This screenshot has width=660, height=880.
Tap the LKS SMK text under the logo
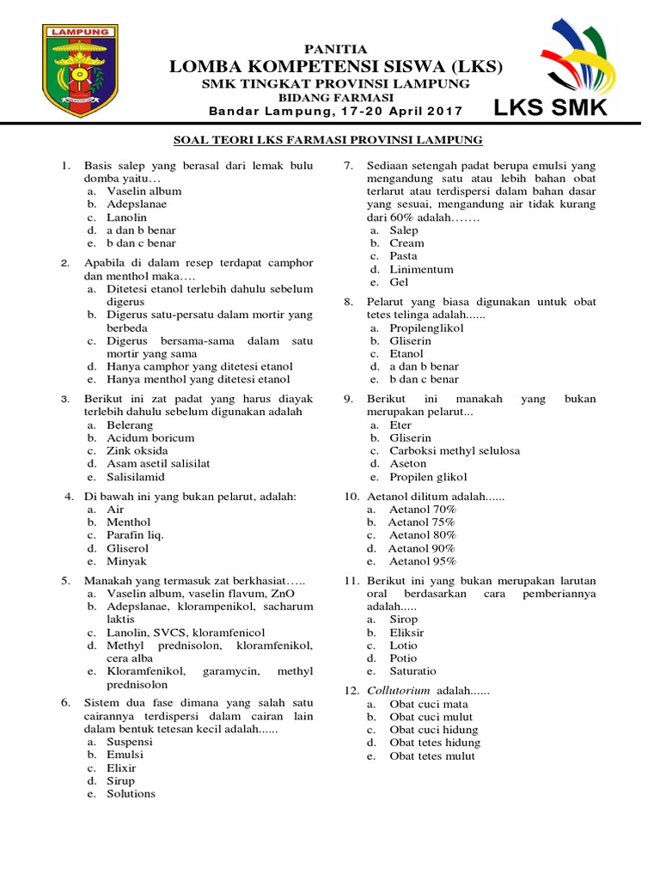550,108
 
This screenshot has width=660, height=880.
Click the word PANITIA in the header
336,49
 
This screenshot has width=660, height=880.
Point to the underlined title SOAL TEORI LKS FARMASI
328,139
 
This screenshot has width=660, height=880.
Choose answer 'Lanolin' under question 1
127,217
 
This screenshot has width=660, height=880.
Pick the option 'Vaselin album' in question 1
144,192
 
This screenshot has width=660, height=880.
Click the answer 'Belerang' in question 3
130,425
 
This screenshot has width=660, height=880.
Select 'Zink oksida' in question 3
137,450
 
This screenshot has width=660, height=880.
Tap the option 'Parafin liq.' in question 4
135,535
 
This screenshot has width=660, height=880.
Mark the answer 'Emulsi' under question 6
125,755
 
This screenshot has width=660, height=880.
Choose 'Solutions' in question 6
131,793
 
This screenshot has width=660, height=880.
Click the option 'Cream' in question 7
406,243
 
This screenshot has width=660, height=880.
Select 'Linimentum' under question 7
421,269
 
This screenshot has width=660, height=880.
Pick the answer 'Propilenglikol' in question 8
426,327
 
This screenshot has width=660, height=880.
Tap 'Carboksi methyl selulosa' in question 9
455,450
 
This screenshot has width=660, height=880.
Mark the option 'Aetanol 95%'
422,560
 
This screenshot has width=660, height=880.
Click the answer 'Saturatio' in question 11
412,670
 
